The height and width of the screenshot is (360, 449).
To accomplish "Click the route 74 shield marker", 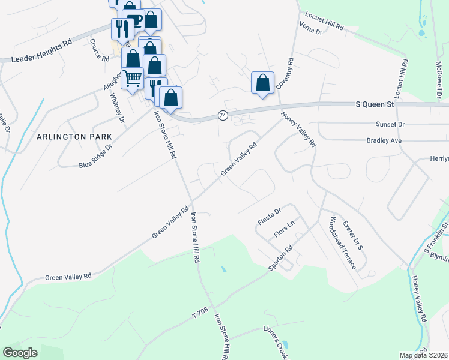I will (x=223, y=115).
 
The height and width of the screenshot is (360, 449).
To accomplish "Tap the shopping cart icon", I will (x=131, y=77).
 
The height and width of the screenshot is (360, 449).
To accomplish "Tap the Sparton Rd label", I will (x=280, y=257).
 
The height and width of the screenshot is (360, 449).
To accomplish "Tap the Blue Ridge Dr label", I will (x=96, y=155).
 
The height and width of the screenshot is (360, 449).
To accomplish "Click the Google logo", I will (x=20, y=353).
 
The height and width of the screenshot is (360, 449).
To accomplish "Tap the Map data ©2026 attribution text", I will (x=423, y=355).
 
